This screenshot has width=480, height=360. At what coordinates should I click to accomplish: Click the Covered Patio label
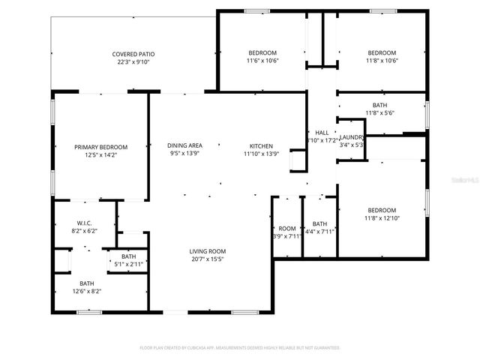coord(133,54)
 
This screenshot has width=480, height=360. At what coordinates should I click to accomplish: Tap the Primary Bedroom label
coord(100,147)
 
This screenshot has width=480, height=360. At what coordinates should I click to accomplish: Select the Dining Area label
coord(184,145)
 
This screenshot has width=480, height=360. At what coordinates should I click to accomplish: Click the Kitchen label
coord(261,145)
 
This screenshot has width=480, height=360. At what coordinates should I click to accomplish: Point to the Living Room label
coord(207,251)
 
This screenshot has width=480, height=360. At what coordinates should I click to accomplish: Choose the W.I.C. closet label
coord(84,223)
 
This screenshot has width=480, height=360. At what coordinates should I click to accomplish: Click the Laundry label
coord(352,137)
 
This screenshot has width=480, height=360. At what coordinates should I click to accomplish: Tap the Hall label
coord(322,132)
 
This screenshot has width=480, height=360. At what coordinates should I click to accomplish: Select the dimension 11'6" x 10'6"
coord(263,61)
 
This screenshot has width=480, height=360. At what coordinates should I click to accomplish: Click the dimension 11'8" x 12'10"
coord(382,218)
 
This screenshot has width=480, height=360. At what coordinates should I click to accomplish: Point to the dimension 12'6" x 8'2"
coord(88,291)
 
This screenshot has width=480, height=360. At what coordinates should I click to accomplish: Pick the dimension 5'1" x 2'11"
coord(128,264)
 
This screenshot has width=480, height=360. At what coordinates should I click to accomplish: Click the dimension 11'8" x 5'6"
coord(379,112)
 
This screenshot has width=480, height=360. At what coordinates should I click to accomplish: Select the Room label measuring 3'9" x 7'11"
coord(286,228)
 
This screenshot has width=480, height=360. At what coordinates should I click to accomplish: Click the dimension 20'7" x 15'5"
coord(207,259)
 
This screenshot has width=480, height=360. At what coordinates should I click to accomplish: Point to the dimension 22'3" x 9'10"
coord(133,62)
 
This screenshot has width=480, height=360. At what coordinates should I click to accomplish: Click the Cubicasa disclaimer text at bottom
coord(240,348)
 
